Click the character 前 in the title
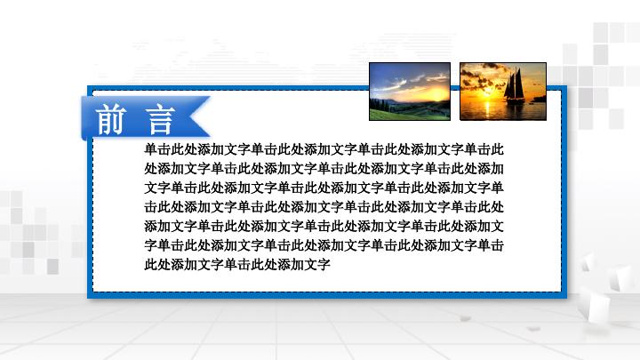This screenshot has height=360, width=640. pos(111,118)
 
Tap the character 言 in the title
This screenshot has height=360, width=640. pos(160,118)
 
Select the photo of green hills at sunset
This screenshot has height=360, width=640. pos(410,91)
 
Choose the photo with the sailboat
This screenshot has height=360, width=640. pos(502,91)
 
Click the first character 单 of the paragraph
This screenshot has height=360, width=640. pos(150,149)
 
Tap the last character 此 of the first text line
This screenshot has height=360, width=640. pos(498,149)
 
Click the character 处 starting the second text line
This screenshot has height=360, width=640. pos(150,168)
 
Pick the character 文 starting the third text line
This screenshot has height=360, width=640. pos(150,188)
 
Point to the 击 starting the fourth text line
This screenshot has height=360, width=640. pos(150,206)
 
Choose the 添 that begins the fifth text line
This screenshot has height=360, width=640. pos(150,226)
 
